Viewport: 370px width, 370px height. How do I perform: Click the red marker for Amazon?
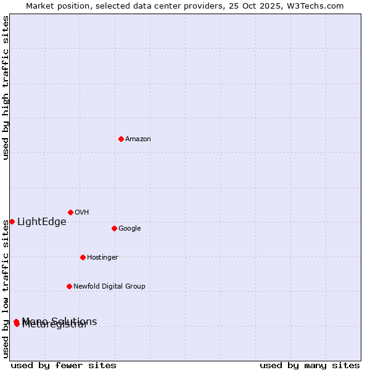click(x=121, y=139)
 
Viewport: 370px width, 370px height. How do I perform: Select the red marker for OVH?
click(x=70, y=212)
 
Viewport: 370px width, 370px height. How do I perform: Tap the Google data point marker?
click(x=114, y=228)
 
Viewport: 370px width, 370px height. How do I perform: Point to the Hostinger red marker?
click(x=83, y=257)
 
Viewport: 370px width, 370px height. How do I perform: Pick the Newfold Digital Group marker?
click(x=69, y=286)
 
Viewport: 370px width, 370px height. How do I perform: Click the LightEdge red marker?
click(x=12, y=221)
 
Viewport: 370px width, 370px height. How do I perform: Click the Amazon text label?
click(x=138, y=139)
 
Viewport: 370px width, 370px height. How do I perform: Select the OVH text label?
click(x=82, y=213)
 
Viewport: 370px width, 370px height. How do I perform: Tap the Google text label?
click(x=129, y=229)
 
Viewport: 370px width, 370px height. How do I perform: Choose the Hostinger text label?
click(x=102, y=258)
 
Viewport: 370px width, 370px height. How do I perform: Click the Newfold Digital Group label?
click(x=109, y=287)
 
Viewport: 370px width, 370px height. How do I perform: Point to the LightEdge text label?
click(x=41, y=222)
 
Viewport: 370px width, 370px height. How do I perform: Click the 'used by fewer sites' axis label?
click(x=64, y=366)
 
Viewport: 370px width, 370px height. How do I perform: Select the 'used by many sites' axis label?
click(x=310, y=366)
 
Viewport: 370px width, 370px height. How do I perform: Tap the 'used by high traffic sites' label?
click(x=6, y=88)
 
